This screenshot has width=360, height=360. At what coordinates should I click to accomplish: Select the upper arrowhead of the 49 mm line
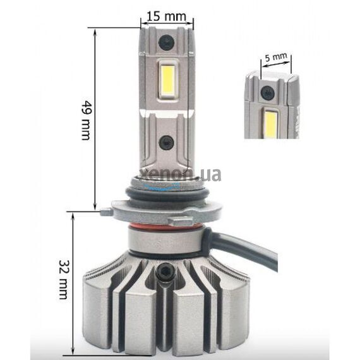pyautogui.click(x=95, y=30)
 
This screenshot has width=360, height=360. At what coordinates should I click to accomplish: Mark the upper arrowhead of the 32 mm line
pyautogui.click(x=75, y=215)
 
